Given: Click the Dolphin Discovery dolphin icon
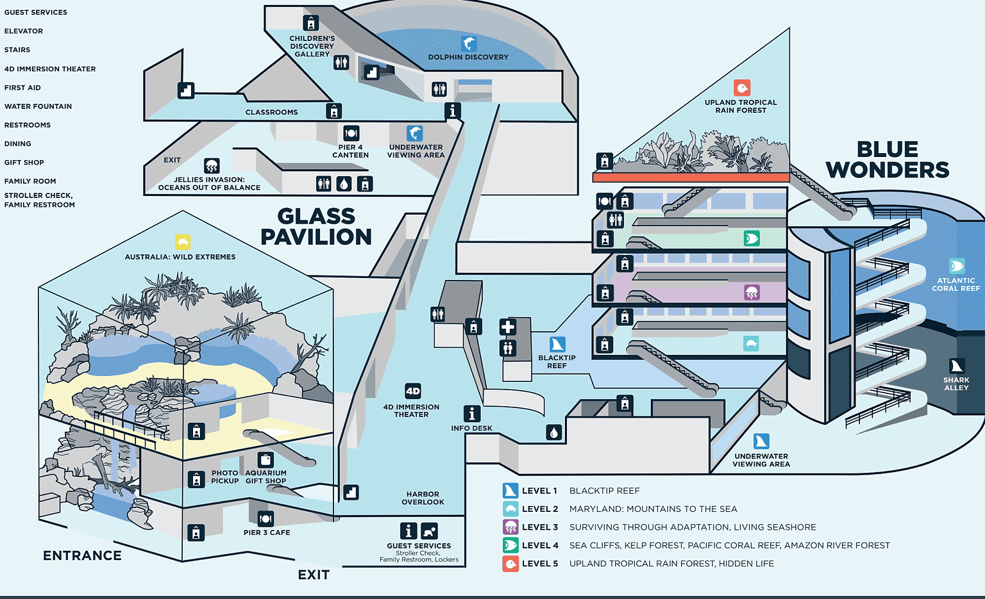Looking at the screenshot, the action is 469,44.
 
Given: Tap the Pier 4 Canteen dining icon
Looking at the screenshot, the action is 351,133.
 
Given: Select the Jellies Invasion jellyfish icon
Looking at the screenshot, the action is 212,165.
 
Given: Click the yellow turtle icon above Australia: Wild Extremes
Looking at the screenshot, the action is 183,242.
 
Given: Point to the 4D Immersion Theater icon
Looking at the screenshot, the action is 413,391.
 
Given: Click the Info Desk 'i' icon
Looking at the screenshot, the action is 471,413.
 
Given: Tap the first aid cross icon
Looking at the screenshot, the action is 508,327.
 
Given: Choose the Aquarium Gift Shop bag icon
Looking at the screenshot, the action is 265,460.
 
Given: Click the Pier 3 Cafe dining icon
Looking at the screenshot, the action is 265,519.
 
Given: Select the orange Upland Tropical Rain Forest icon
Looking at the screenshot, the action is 742,88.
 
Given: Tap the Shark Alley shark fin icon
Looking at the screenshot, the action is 956,366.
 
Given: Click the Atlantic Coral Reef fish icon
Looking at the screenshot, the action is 956,266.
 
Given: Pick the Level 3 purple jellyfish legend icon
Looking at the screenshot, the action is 510,527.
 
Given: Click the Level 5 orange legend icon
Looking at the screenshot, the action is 510,563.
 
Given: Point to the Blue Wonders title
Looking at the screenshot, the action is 888,160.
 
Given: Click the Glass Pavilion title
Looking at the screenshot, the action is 316,227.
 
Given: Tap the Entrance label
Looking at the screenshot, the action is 82,555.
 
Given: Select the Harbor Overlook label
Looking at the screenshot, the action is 423,498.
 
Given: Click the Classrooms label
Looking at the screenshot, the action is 271,112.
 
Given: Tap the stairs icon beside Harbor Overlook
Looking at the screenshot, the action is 351,492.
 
